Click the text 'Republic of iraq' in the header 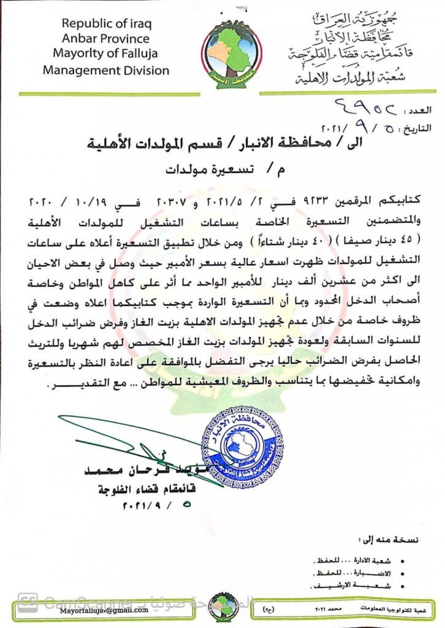[106, 24]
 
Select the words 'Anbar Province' [106, 39]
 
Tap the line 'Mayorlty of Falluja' [106, 54]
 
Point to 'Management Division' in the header [106, 70]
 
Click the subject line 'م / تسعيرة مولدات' [224, 169]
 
